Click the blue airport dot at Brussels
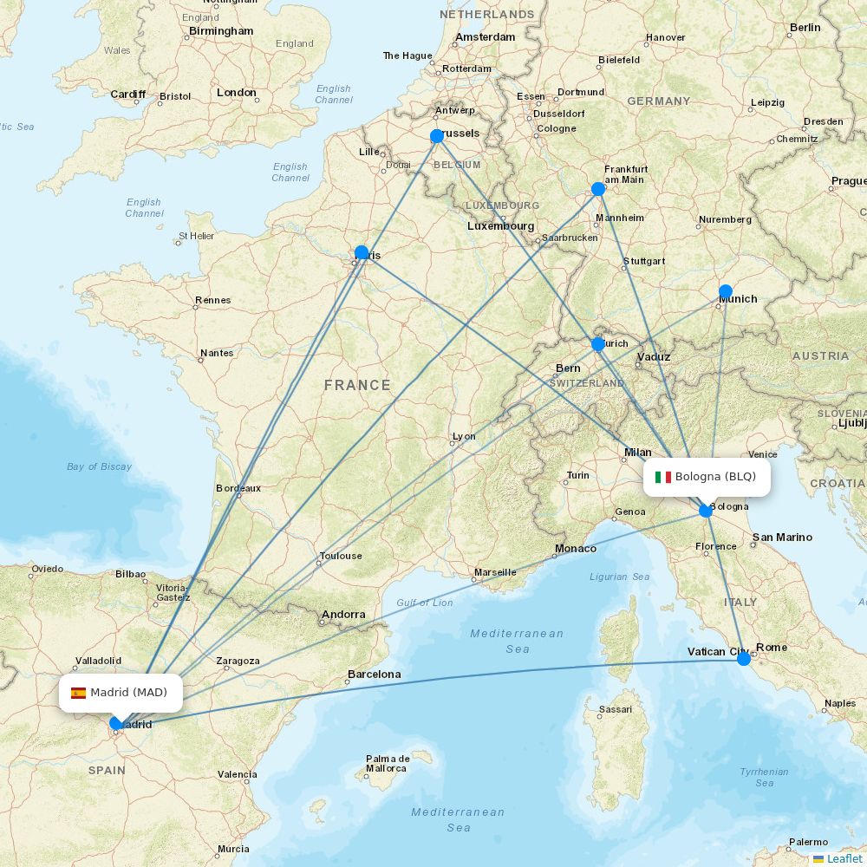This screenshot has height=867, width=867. coord(437,136)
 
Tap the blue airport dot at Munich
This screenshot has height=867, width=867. coord(726,291)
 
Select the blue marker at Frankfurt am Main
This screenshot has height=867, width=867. coord(598,189)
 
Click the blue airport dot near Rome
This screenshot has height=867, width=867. coord(744,659)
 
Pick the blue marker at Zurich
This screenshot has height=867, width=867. coord(598,344)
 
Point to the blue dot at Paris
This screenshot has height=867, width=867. coord(362,253)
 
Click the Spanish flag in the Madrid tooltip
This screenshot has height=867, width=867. coord(78,693)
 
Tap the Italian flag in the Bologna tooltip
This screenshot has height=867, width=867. coord(662,477)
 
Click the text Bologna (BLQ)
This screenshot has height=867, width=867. coord(715,477)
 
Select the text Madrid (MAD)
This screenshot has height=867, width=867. coord(128,693)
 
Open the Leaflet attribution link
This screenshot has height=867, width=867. coord(844,858)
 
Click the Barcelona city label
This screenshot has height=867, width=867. coord(374,675)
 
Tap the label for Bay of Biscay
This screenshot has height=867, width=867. coord(100,466)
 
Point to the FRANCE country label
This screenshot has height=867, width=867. coord(357,385)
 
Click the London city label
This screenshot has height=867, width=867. coord(237,93)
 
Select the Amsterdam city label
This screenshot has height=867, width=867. coord(486,37)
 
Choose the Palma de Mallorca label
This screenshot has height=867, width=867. coord(387,764)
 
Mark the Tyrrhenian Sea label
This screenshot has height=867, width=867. coord(764,778)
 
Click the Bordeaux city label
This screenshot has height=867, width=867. coord(238,489)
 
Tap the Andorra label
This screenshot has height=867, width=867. coord(343,615)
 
